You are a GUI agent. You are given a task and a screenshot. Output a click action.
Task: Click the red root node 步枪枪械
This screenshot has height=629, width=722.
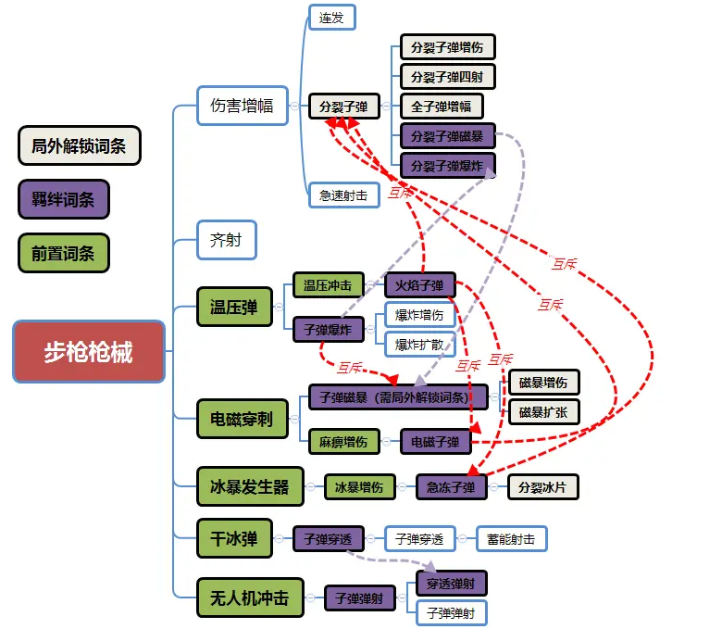[89, 352]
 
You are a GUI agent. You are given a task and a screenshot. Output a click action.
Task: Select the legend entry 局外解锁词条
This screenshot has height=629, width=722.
[79, 145]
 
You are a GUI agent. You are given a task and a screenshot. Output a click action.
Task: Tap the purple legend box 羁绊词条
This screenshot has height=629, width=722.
[63, 199]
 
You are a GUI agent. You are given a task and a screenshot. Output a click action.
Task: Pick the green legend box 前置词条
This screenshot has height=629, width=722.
[63, 253]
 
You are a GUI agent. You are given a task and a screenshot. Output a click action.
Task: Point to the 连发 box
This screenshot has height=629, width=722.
[331, 18]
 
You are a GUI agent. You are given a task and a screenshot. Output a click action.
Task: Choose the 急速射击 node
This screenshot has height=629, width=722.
[343, 195]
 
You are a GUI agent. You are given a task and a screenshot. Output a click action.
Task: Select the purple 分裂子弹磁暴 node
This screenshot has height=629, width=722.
[447, 136]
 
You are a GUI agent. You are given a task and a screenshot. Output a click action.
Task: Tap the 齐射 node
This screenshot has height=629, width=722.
[226, 241]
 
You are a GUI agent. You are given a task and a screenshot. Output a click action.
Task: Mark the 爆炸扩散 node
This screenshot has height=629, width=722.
[419, 345]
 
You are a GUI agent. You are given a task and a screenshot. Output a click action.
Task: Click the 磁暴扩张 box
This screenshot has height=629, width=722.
[543, 411]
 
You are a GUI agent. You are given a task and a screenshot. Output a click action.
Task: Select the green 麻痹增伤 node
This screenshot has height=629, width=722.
[343, 442]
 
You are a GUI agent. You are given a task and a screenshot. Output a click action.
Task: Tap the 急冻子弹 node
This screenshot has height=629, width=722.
[451, 487]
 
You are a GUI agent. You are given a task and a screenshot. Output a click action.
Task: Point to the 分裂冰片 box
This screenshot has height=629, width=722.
[543, 487]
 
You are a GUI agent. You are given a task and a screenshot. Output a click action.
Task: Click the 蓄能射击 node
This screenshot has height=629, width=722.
[511, 538]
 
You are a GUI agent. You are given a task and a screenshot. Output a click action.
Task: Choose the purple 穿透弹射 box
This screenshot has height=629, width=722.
[451, 584]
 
